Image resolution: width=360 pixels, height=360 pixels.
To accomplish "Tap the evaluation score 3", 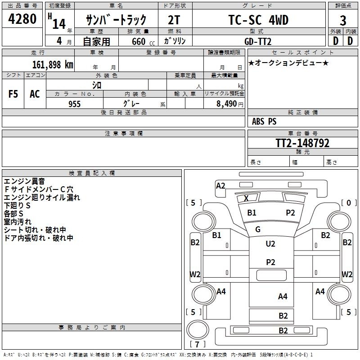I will pos(343,20).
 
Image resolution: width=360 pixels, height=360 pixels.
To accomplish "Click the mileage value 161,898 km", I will pos(52,65).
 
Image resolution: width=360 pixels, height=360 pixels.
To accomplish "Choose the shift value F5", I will pos(13,94).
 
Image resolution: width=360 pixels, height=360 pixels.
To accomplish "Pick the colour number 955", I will pos(74,104).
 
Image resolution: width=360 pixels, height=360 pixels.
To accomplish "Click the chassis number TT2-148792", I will pos(302,143).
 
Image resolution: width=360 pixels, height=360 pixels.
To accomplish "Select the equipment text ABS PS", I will pos(264,121).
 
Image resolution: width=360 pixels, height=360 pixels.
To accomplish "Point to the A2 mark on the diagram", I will pos(220,185).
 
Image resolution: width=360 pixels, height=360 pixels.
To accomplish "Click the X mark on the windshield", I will pos(246,198).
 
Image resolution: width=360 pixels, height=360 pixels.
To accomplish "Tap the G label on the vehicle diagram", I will pos(258,229).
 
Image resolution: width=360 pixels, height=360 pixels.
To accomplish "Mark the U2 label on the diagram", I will pos(270,244).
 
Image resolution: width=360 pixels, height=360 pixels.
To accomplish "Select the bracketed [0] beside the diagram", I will pos(348,203).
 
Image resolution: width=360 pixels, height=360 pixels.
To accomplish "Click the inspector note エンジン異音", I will pos(24,181).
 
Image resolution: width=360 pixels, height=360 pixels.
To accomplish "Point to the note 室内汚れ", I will pos(18,222).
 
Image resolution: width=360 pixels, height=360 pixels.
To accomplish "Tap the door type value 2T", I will pos(175,20).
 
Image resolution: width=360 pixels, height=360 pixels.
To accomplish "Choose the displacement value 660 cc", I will pos(140,42).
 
